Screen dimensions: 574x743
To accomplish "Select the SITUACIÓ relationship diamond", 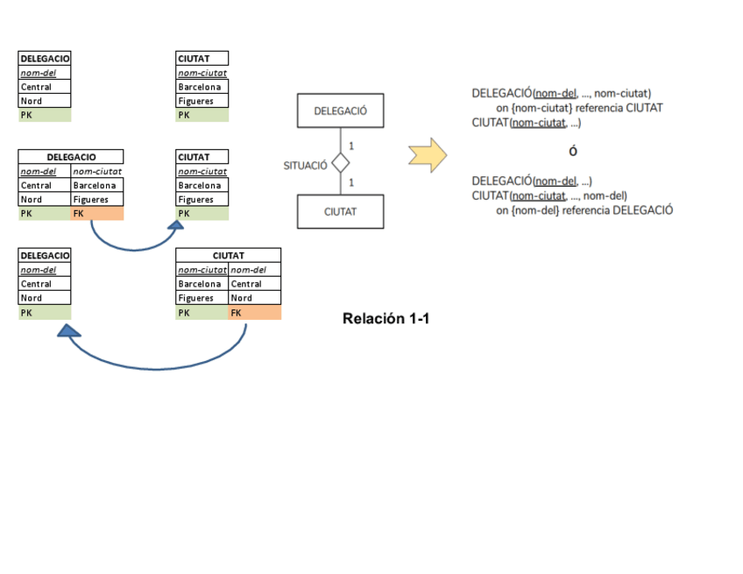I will pyautogui.click(x=341, y=164).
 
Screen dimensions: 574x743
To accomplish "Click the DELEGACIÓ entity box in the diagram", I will pyautogui.click(x=340, y=111).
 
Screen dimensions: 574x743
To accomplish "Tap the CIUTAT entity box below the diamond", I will pyautogui.click(x=340, y=211).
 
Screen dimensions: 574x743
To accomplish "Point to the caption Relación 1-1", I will pyautogui.click(x=386, y=318).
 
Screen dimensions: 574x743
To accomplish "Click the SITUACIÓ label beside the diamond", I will pyautogui.click(x=305, y=165).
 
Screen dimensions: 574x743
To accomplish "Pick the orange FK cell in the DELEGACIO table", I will pyautogui.click(x=96, y=213).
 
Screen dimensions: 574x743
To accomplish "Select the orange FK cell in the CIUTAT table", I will pyautogui.click(x=254, y=313).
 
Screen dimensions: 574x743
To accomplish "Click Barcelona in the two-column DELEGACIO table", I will pyautogui.click(x=96, y=185).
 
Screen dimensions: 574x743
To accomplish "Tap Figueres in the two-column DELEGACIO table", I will pyautogui.click(x=96, y=199).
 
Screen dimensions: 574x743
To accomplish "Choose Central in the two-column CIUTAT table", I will pyautogui.click(x=254, y=284).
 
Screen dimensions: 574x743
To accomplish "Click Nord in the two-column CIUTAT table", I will pyautogui.click(x=254, y=298).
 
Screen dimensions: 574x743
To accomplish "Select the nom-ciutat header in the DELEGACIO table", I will pyautogui.click(x=96, y=171).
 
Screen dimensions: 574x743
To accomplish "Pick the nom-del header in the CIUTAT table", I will pyautogui.click(x=254, y=269).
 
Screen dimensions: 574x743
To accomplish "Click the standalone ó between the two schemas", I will pyautogui.click(x=573, y=151).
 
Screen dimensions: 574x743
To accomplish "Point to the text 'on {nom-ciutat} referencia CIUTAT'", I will pyautogui.click(x=579, y=108).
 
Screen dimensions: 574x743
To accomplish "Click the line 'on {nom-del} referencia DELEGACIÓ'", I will pyautogui.click(x=584, y=210).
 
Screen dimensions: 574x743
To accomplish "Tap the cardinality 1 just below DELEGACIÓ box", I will pyautogui.click(x=351, y=145).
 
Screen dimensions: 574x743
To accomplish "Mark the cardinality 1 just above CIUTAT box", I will pyautogui.click(x=351, y=182).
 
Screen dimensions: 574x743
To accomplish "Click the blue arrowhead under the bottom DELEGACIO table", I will pyautogui.click(x=68, y=330).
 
